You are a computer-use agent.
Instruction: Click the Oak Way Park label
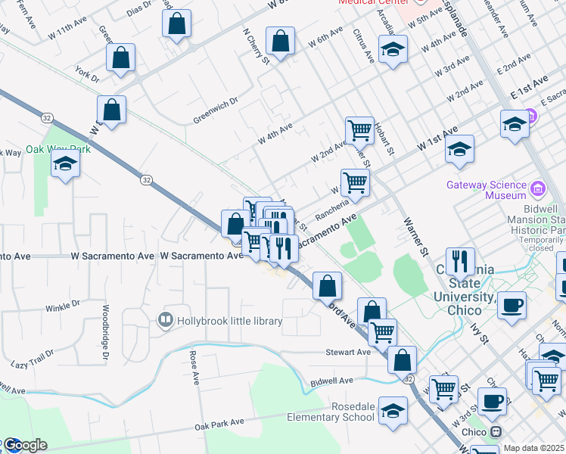click(x=58, y=149)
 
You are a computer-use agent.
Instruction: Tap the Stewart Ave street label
click(x=348, y=352)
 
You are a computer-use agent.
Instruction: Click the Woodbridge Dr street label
click(x=105, y=331)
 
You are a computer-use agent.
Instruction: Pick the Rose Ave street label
click(x=194, y=365)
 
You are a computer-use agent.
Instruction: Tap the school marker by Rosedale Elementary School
click(x=393, y=411)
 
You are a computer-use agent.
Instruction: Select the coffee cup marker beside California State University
click(x=512, y=304)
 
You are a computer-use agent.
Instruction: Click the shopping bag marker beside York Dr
click(x=120, y=58)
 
